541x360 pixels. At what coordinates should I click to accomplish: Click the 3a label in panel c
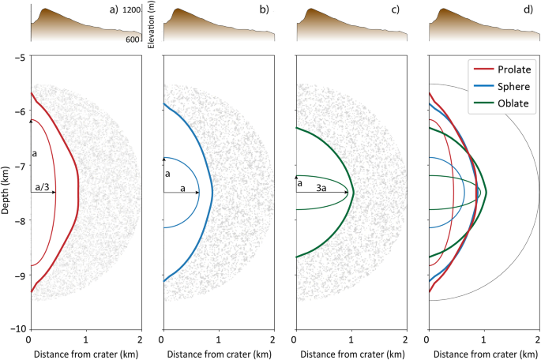[322, 186]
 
